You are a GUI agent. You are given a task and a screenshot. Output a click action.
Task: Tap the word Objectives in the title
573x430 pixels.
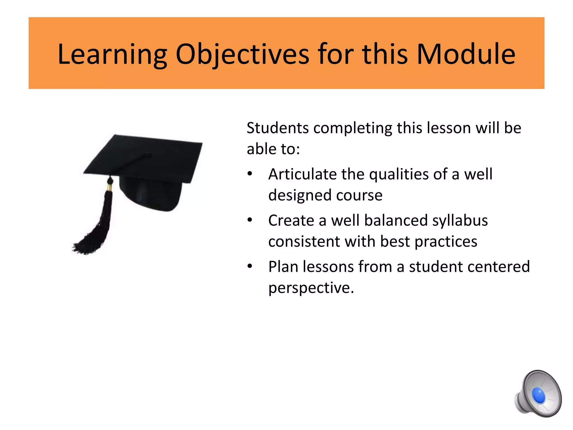(242, 55)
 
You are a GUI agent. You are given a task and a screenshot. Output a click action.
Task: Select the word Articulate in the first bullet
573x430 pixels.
(302, 174)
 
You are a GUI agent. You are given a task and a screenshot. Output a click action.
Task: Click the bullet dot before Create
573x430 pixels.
(250, 220)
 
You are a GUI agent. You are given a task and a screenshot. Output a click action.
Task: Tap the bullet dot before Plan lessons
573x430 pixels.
(250, 266)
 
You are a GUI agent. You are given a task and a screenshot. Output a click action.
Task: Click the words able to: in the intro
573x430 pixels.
(273, 149)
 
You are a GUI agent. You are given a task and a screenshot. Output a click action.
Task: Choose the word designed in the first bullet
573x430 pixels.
(300, 195)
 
